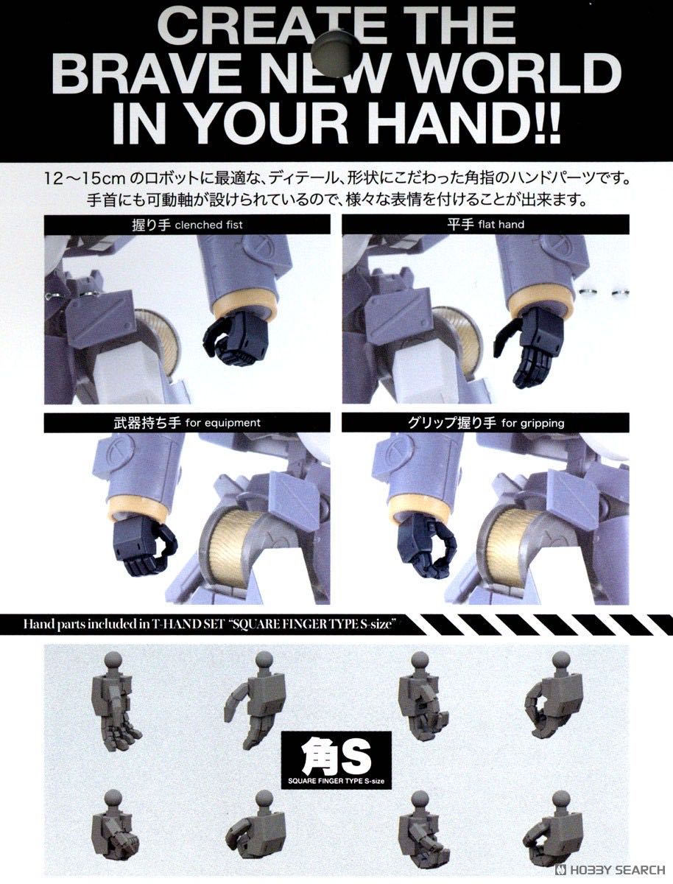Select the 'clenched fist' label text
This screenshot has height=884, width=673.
pos(209,225)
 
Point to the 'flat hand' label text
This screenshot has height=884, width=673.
pos(501,225)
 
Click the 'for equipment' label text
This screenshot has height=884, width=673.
pos(222,423)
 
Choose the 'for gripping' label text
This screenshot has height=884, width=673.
pos(532,424)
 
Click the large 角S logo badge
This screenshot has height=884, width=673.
pos(336,760)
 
